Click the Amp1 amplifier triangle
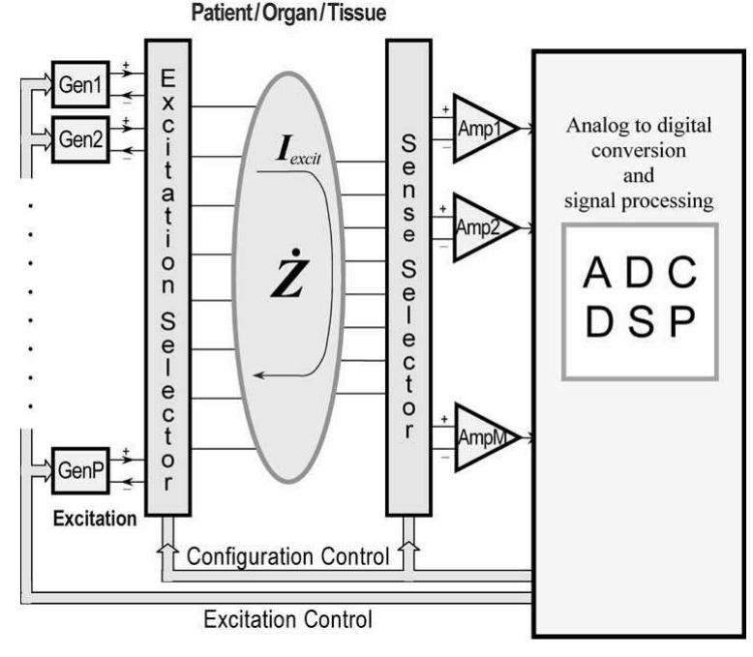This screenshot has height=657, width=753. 481,130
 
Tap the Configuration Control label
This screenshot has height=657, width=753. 288,556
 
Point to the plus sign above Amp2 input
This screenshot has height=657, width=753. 443,208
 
